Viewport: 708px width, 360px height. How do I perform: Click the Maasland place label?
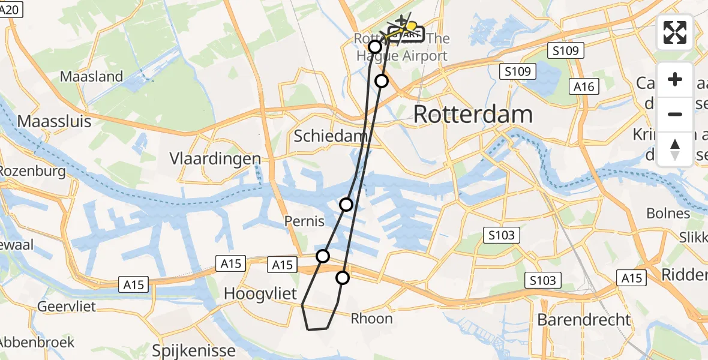click(x=92, y=76)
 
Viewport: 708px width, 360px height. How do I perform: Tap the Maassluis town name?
click(x=54, y=121)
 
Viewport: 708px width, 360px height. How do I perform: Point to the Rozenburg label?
click(x=31, y=171)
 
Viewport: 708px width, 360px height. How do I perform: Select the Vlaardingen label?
click(x=215, y=158)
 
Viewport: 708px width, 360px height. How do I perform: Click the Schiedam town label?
click(x=326, y=136)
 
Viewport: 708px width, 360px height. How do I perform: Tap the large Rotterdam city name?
click(x=473, y=114)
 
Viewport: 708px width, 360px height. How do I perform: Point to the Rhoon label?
click(x=372, y=319)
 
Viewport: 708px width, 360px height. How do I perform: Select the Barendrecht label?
click(x=584, y=319)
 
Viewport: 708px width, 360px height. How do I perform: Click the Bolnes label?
click(x=668, y=213)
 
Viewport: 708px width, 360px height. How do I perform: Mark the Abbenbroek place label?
click(x=37, y=342)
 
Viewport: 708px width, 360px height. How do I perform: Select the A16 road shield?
click(x=583, y=87)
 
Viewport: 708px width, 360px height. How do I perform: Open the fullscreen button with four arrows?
click(x=675, y=32)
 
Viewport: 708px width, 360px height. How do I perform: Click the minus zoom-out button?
click(x=675, y=114)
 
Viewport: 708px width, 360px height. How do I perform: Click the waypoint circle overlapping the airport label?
click(x=375, y=47)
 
